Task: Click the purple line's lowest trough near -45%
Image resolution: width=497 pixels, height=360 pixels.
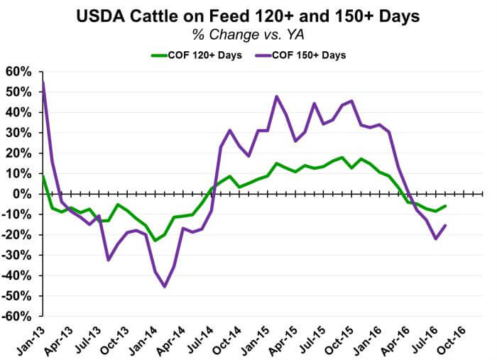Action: click(165, 286)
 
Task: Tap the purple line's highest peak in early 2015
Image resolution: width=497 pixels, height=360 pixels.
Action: click(276, 97)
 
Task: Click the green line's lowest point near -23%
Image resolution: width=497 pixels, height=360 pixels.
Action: click(155, 241)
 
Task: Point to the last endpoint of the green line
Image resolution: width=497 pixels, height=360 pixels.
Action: click(444, 206)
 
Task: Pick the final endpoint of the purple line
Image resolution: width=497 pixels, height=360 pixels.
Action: click(444, 225)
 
